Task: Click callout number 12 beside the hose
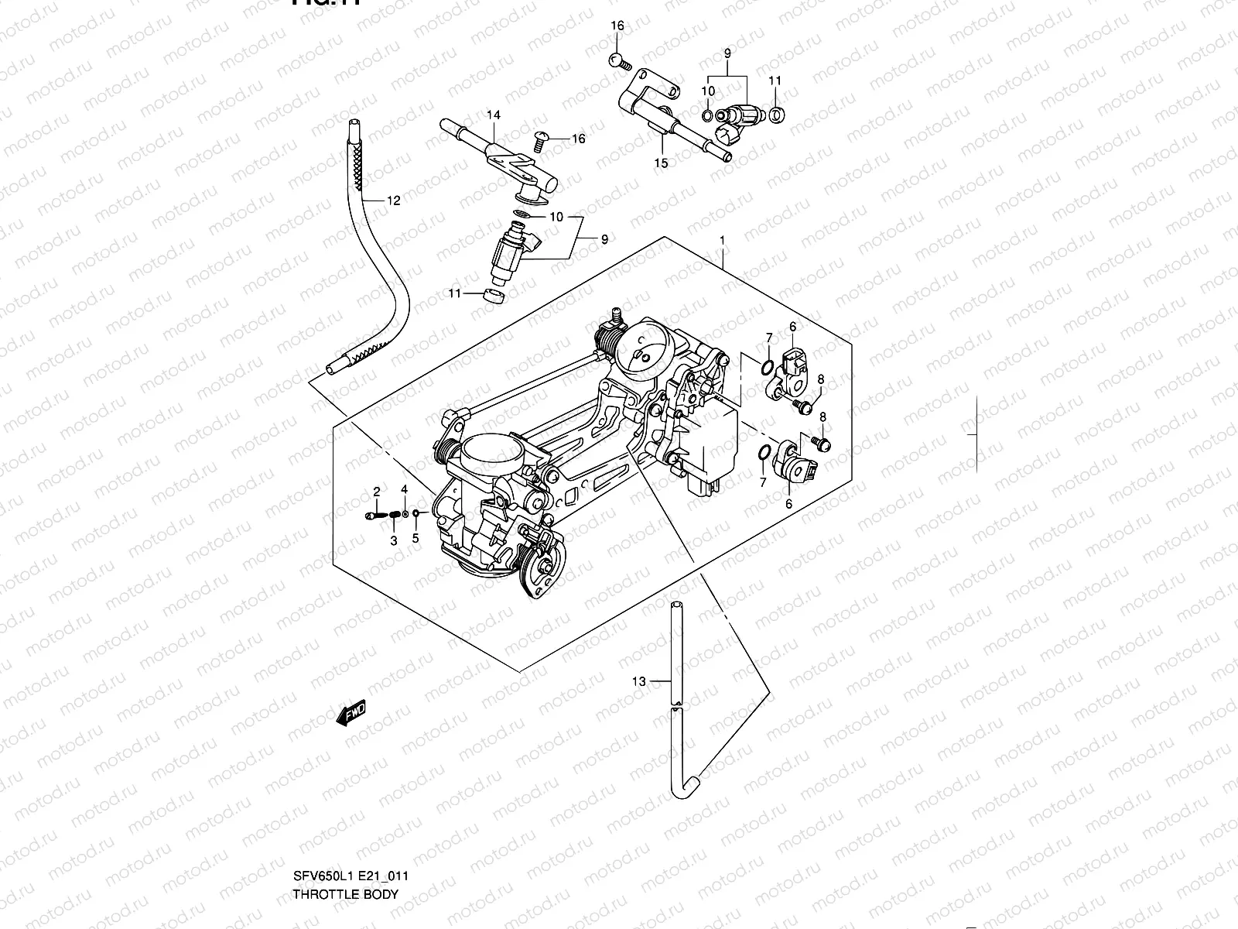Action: coord(393,201)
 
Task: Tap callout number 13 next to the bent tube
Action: coord(638,681)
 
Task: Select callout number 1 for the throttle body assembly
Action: coord(722,241)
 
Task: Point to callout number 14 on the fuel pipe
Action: coord(494,115)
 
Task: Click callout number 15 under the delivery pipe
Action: coord(661,163)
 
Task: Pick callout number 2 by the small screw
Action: coord(377,492)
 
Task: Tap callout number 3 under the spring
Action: coord(393,541)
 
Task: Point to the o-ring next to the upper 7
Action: coord(766,366)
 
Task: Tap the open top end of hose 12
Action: coord(354,123)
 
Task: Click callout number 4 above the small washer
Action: coord(403,489)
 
